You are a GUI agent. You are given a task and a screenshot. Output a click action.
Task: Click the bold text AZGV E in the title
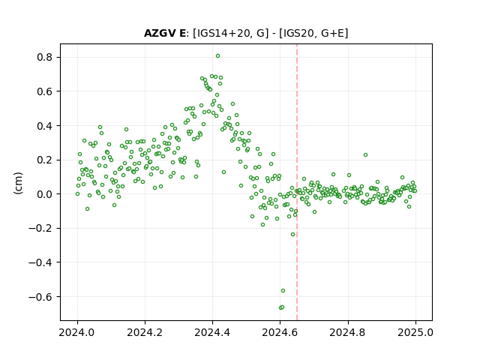(165, 33)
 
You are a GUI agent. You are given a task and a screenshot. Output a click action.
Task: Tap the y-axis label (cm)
(18, 183)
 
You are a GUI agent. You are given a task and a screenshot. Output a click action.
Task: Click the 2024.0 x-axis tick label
(77, 332)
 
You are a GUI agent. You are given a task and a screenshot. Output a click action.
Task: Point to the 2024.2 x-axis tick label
(145, 332)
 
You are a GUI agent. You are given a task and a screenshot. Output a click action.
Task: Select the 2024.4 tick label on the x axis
(212, 332)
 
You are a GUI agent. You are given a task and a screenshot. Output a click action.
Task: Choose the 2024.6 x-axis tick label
(280, 332)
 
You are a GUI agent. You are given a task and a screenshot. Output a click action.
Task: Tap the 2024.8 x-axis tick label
(348, 332)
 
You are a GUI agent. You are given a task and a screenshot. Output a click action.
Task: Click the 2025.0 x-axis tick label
(415, 332)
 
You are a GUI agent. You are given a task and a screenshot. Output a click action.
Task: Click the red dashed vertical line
(297, 182)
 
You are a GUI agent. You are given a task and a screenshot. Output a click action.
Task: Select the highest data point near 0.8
(217, 56)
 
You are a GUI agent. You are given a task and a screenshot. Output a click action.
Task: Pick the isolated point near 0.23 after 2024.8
(365, 155)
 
